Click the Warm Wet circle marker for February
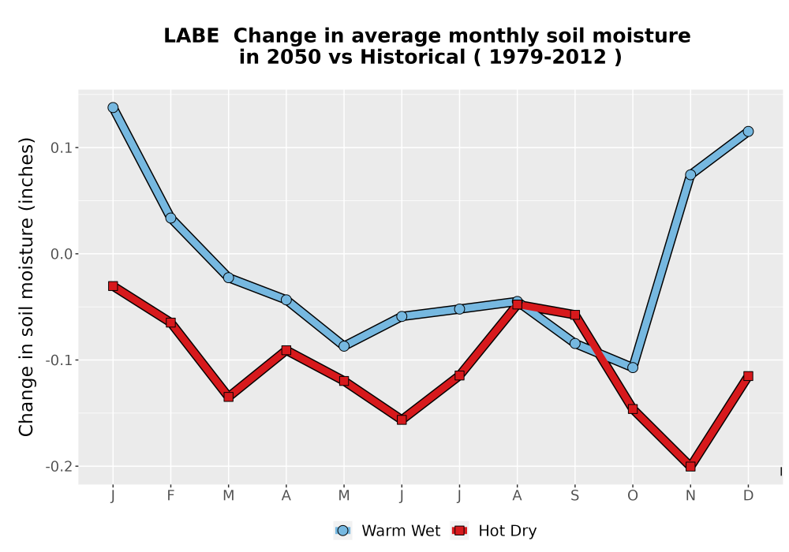point(170,218)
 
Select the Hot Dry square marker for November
point(690,467)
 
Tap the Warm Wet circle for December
point(748,131)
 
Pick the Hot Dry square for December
point(748,376)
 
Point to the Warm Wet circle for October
point(633,367)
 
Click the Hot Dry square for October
point(633,409)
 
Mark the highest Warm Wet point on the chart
point(113,107)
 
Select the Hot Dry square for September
point(575,315)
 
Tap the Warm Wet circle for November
point(690,174)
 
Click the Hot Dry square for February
point(170,323)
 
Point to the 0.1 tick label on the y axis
point(61,147)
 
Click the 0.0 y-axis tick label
point(61,254)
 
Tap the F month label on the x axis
point(170,496)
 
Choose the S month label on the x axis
point(575,496)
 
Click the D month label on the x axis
point(748,496)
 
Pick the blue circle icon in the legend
point(342,531)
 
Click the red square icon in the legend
point(459,531)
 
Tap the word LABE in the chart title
point(191,36)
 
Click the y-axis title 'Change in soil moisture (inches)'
point(26,287)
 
